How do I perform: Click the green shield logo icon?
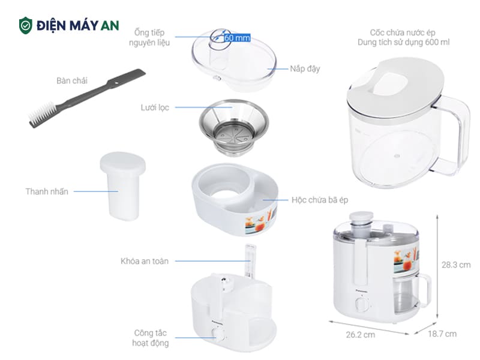point(25,25)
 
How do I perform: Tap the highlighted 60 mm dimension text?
point(237,38)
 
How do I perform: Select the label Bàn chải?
point(71,80)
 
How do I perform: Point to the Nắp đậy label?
point(305,68)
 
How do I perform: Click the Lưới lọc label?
point(155,107)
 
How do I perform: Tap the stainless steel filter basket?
point(233,127)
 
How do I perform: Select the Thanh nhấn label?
point(47,191)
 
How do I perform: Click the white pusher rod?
point(123,186)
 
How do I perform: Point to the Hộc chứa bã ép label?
point(320,200)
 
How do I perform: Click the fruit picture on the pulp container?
point(260,221)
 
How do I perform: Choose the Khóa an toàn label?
point(145,261)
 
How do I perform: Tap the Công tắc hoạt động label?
point(151,338)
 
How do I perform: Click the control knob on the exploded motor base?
point(218,335)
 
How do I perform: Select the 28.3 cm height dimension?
point(456,265)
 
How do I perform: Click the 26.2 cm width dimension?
point(361,335)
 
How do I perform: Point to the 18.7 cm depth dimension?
point(442,334)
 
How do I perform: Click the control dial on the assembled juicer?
point(362,305)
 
